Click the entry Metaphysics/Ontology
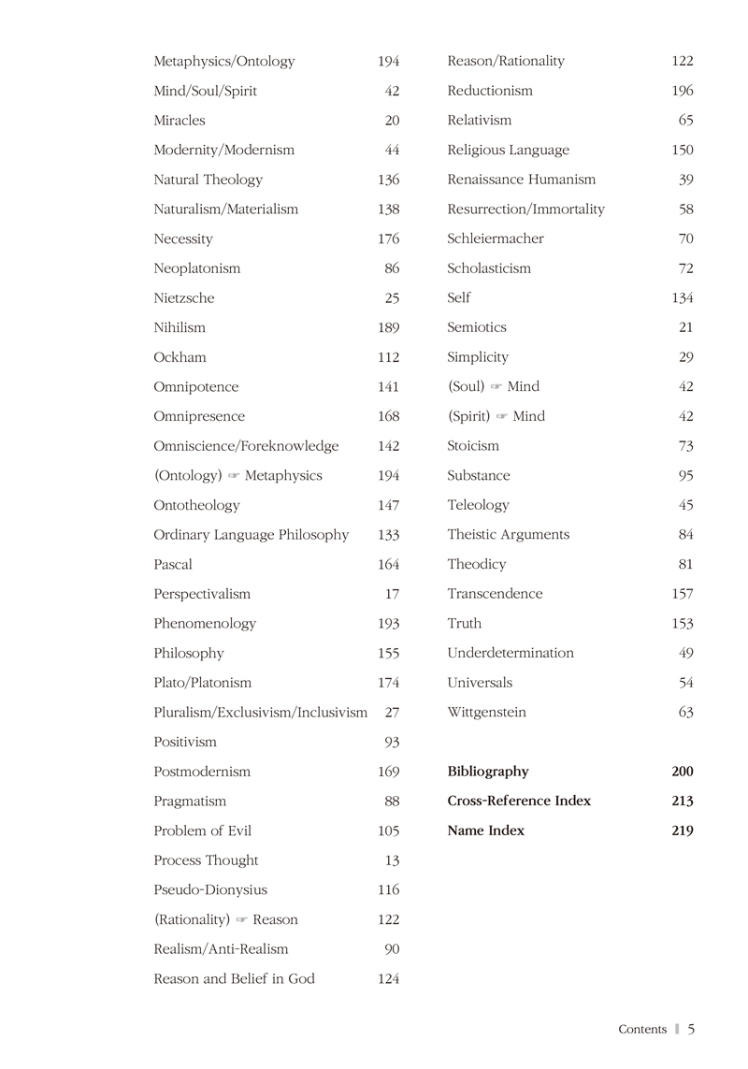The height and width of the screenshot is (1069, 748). (224, 62)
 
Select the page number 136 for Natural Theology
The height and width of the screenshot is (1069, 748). (389, 180)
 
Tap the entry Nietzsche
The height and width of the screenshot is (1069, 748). (184, 298)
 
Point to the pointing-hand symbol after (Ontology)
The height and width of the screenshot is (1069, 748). (234, 476)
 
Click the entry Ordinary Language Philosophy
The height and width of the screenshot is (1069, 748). (252, 535)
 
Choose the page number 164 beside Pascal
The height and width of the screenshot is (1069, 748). (389, 565)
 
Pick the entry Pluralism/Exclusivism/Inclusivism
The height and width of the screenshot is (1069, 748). (261, 713)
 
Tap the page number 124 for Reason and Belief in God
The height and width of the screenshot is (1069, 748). (389, 979)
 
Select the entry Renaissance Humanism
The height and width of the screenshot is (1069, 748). (522, 180)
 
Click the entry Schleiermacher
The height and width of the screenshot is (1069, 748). (496, 238)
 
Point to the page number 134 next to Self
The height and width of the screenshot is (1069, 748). (683, 298)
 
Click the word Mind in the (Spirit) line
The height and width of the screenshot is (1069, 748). (529, 416)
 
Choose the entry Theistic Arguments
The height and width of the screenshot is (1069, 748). (509, 535)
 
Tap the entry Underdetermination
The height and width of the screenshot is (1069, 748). (511, 653)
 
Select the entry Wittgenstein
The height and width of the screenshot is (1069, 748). (487, 713)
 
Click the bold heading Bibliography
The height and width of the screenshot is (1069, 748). (488, 772)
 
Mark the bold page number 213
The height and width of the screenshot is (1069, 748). (683, 802)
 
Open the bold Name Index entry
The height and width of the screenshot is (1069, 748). (486, 831)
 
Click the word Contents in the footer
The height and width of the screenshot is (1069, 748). (642, 1030)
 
